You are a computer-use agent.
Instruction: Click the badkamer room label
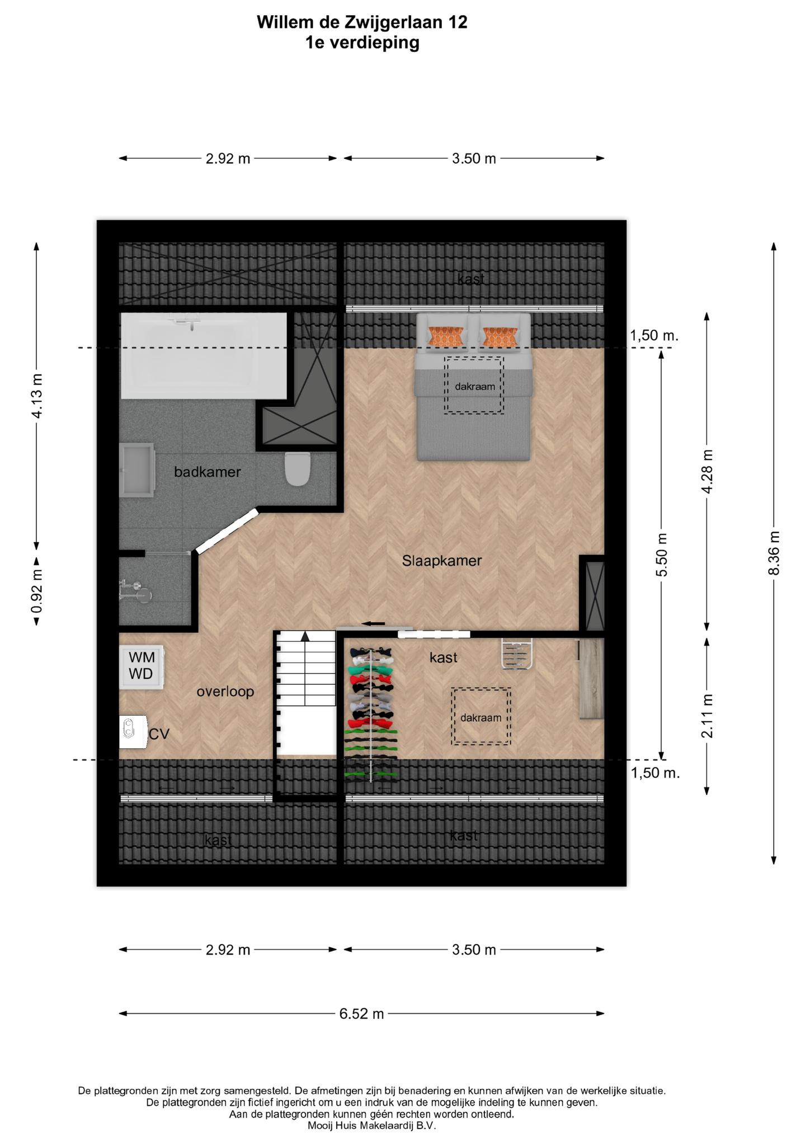point(207,472)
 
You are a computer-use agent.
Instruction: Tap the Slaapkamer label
point(442,561)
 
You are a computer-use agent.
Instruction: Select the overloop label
point(225,692)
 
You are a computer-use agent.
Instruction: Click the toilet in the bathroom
point(298,468)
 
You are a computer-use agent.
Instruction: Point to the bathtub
point(204,355)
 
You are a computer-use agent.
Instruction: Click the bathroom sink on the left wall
point(137,469)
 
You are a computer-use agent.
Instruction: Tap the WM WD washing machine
point(140,667)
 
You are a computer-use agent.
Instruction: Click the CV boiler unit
point(133,731)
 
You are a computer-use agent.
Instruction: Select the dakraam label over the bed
point(474,386)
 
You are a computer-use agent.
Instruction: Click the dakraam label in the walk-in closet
point(481,717)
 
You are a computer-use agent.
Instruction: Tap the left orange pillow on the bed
point(446,336)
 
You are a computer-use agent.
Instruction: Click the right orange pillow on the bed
point(500,336)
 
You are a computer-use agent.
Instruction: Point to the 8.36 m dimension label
point(774,553)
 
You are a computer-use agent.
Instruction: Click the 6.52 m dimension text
point(362,1013)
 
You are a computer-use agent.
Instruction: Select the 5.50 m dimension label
point(662,555)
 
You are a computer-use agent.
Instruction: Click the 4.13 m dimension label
point(37,396)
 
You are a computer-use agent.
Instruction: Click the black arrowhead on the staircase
point(305,636)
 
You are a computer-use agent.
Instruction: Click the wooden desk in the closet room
point(591,679)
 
